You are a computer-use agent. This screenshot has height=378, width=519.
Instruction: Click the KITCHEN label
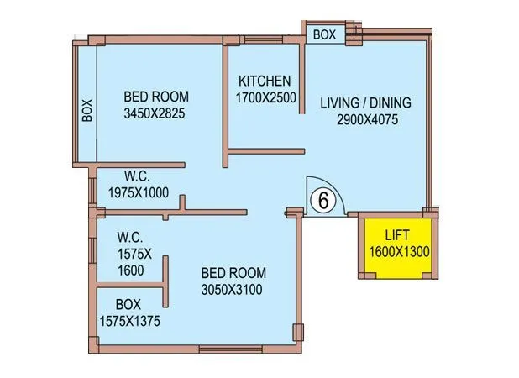pyautogui.click(x=265, y=81)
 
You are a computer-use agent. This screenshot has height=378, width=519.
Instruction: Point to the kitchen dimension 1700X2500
pyautogui.click(x=265, y=98)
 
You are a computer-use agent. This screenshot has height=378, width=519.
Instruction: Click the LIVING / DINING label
pyautogui.click(x=365, y=103)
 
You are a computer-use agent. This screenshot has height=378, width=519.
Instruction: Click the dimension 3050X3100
pyautogui.click(x=233, y=290)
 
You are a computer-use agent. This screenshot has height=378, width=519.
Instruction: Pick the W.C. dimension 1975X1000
pyautogui.click(x=139, y=192)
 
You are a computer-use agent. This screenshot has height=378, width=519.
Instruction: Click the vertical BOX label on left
pyautogui.click(x=86, y=112)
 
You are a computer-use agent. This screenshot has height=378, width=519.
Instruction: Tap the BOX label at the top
pyautogui.click(x=324, y=35)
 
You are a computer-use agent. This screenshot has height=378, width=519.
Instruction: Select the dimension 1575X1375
pyautogui.click(x=128, y=320)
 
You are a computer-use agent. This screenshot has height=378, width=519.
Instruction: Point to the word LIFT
pyautogui.click(x=396, y=234)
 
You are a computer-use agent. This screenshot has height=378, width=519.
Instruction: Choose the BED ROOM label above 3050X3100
pyautogui.click(x=233, y=273)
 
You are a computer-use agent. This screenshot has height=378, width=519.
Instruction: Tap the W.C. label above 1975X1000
pyautogui.click(x=138, y=176)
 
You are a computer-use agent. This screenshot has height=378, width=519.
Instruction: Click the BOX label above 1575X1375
pyautogui.click(x=128, y=303)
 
